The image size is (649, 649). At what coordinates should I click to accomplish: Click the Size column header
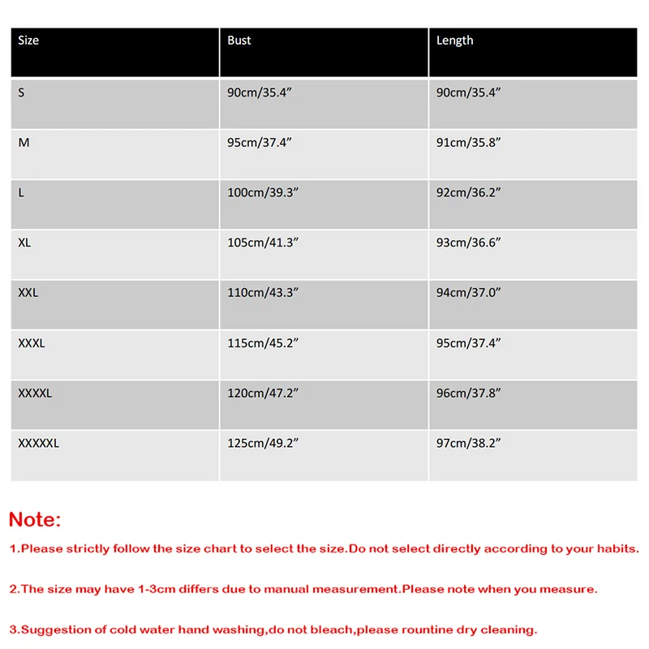point(28,41)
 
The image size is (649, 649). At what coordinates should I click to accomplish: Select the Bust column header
point(239,41)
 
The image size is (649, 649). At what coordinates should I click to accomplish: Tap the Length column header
point(454,41)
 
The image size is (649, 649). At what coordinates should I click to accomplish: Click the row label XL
point(24,243)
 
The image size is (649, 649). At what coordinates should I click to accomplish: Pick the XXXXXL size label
point(38,443)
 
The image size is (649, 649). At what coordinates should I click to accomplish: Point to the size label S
point(21,92)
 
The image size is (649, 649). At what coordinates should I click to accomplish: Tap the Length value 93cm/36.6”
point(468,243)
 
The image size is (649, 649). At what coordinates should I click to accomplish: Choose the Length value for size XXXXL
point(468,393)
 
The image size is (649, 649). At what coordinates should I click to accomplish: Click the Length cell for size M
point(468,143)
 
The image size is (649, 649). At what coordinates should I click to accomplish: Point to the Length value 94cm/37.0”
point(468,293)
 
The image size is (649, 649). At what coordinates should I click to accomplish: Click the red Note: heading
point(35,520)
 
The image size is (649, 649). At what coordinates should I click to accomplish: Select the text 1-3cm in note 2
point(152,590)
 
